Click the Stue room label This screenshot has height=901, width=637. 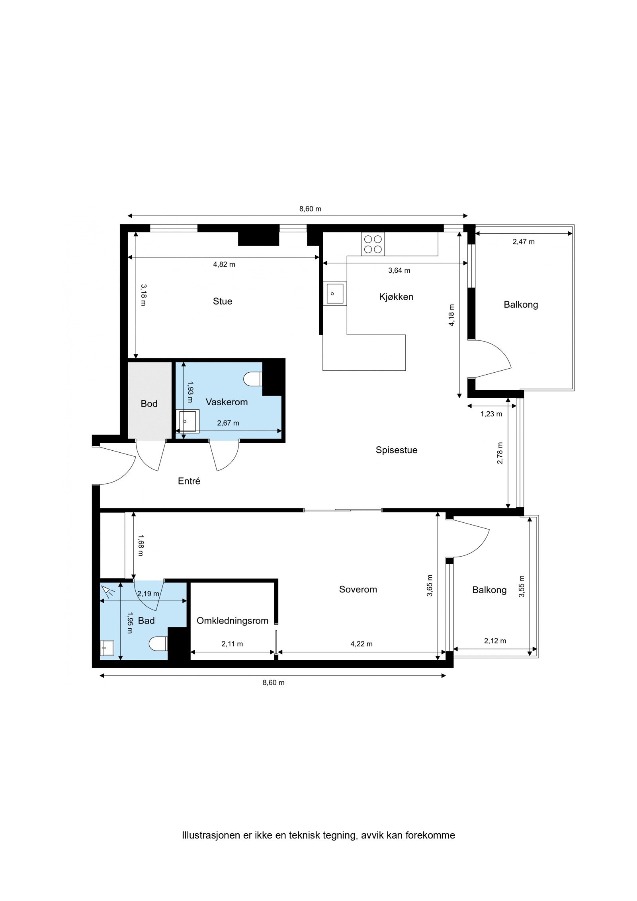222,301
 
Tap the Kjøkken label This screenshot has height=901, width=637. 396,297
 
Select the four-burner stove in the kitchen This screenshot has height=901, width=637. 373,244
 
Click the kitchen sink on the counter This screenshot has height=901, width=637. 335,293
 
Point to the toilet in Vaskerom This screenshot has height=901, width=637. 252,379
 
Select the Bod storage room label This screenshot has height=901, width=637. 149,403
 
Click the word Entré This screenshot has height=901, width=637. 189,481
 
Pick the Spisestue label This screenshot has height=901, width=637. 396,450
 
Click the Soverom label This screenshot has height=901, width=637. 358,589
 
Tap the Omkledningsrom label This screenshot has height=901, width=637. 233,621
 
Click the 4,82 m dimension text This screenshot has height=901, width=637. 224,264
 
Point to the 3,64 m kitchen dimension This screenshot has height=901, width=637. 399,270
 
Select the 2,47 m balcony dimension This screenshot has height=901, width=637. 524,241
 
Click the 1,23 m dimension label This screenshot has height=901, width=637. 491,414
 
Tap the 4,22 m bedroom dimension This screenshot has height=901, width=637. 361,644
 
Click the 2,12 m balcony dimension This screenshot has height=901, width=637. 495,641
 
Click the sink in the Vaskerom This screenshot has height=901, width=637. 188,421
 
